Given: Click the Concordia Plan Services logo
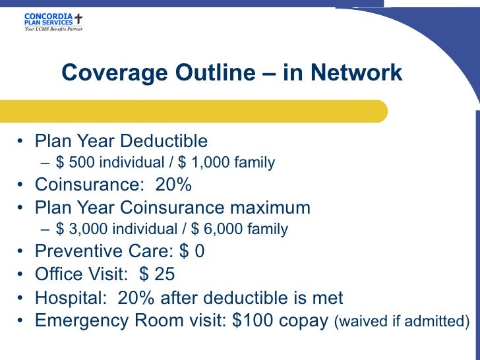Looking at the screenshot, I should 53,22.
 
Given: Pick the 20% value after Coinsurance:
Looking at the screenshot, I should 173,185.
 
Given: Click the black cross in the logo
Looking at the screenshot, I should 78,18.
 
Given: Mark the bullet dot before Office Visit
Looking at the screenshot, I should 22,275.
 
